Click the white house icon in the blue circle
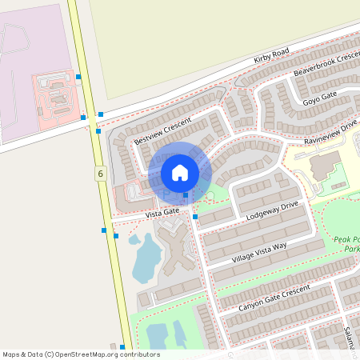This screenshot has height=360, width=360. point(180,173)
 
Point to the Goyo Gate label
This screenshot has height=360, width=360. point(320,99)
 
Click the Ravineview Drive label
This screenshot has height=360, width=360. point(330,131)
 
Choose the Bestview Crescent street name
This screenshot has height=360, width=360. point(163,130)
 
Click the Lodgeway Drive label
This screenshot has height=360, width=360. point(272,210)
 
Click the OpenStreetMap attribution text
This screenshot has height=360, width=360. point(81,354)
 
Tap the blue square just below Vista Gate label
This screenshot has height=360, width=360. point(195,217)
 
